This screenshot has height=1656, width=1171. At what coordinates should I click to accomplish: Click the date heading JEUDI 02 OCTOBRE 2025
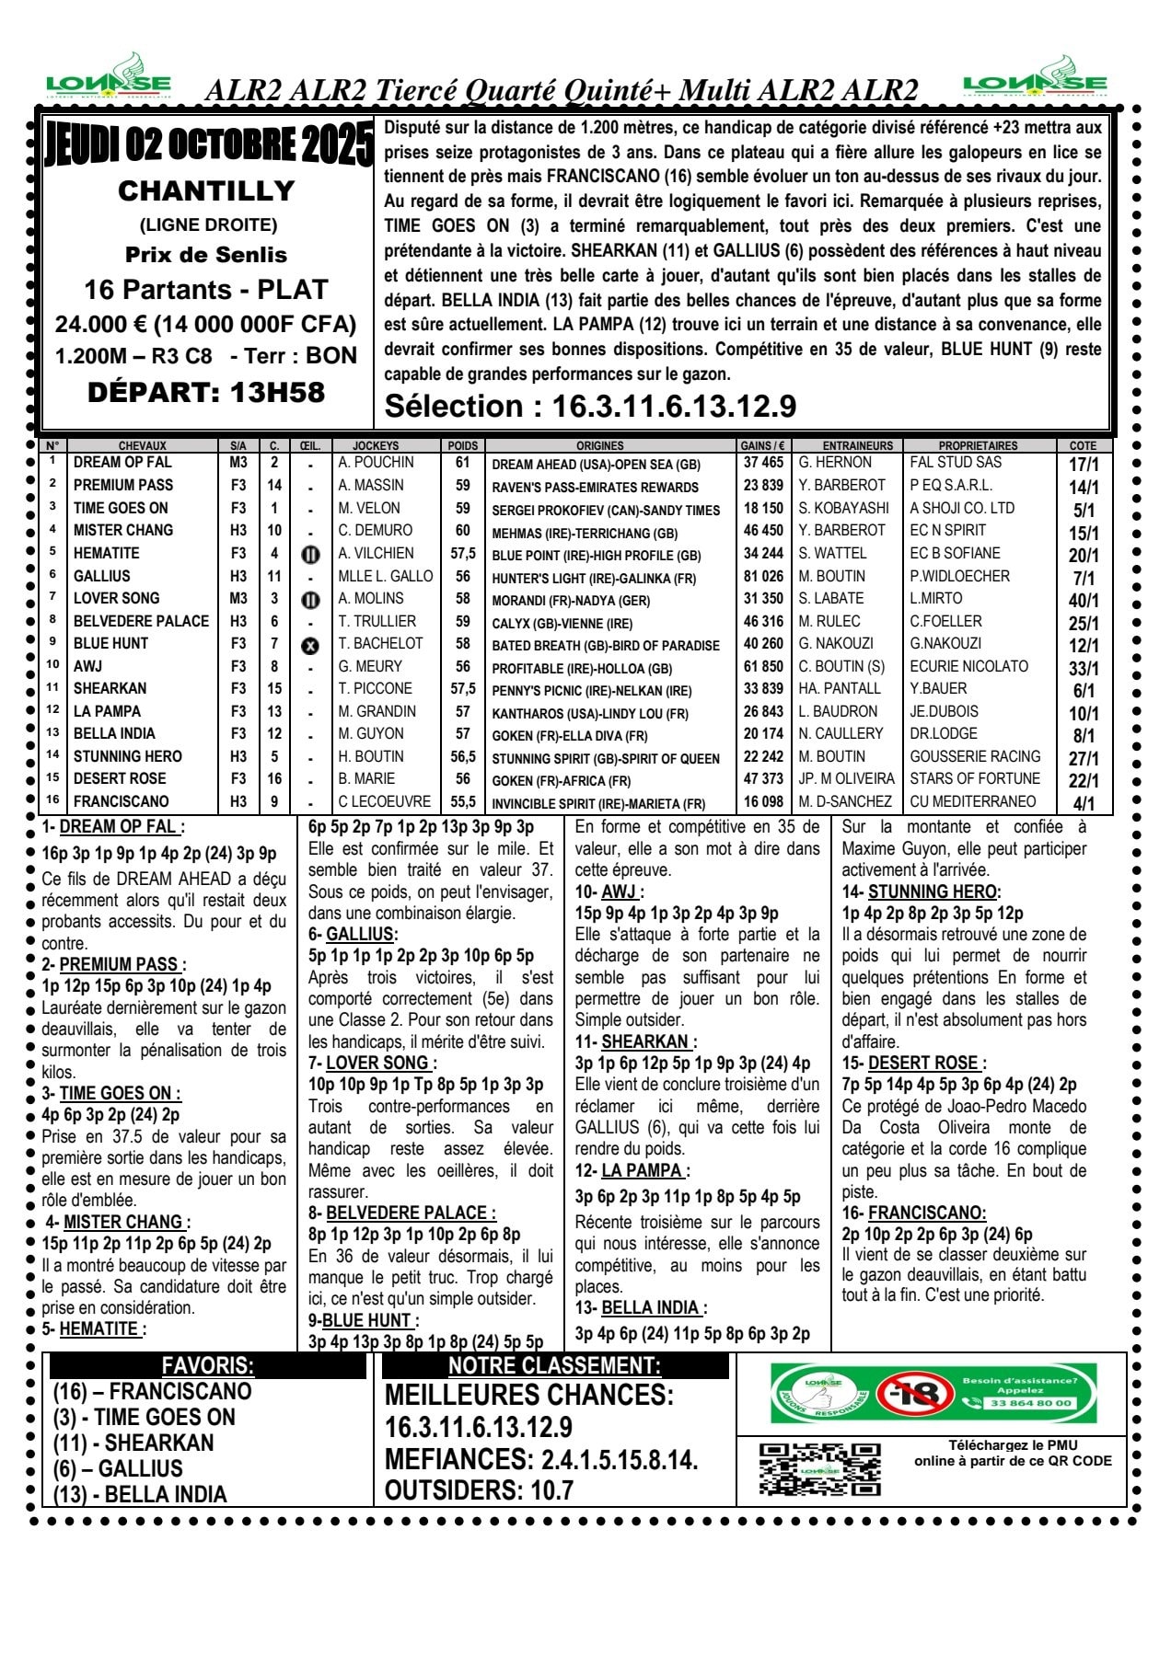point(209,145)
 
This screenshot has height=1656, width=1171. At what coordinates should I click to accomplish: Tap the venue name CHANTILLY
point(206,190)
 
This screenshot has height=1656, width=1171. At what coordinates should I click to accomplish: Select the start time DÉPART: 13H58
point(206,393)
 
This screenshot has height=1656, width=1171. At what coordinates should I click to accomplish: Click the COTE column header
point(1083,445)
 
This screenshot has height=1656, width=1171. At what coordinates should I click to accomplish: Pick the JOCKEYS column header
point(376,445)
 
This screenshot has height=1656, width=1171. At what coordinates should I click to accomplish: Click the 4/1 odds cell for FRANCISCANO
point(1084,803)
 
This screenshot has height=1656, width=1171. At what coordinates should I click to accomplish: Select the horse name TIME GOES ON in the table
point(121,508)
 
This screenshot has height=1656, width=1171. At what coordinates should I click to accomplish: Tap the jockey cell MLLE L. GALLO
point(385,576)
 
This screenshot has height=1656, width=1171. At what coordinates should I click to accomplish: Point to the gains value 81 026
point(763,576)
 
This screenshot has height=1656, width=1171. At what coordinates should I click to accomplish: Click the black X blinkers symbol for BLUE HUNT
point(310,645)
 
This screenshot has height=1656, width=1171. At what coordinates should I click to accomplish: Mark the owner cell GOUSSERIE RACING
point(975,756)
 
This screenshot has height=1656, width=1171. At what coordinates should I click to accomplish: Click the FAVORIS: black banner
point(208,1365)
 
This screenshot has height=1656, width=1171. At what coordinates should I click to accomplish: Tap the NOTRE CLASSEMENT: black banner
point(554,1365)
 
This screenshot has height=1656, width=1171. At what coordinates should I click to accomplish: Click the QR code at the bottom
point(819,1469)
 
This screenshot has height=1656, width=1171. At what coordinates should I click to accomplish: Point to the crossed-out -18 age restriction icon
point(913,1394)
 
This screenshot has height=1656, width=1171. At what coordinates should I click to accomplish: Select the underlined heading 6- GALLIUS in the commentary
point(353,934)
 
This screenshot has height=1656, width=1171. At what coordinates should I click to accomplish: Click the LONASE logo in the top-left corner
point(109,77)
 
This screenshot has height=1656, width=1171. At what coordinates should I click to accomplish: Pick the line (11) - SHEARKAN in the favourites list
point(133,1443)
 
